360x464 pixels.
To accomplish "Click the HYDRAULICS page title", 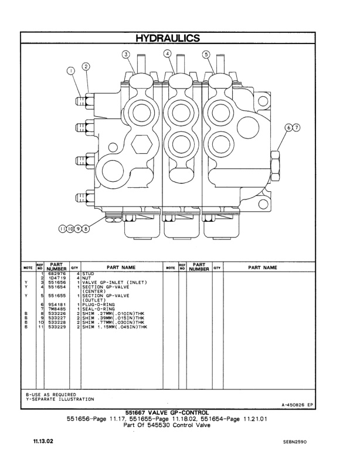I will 168,38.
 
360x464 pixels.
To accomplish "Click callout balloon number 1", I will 72,73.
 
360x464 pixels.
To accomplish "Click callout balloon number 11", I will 62,229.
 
